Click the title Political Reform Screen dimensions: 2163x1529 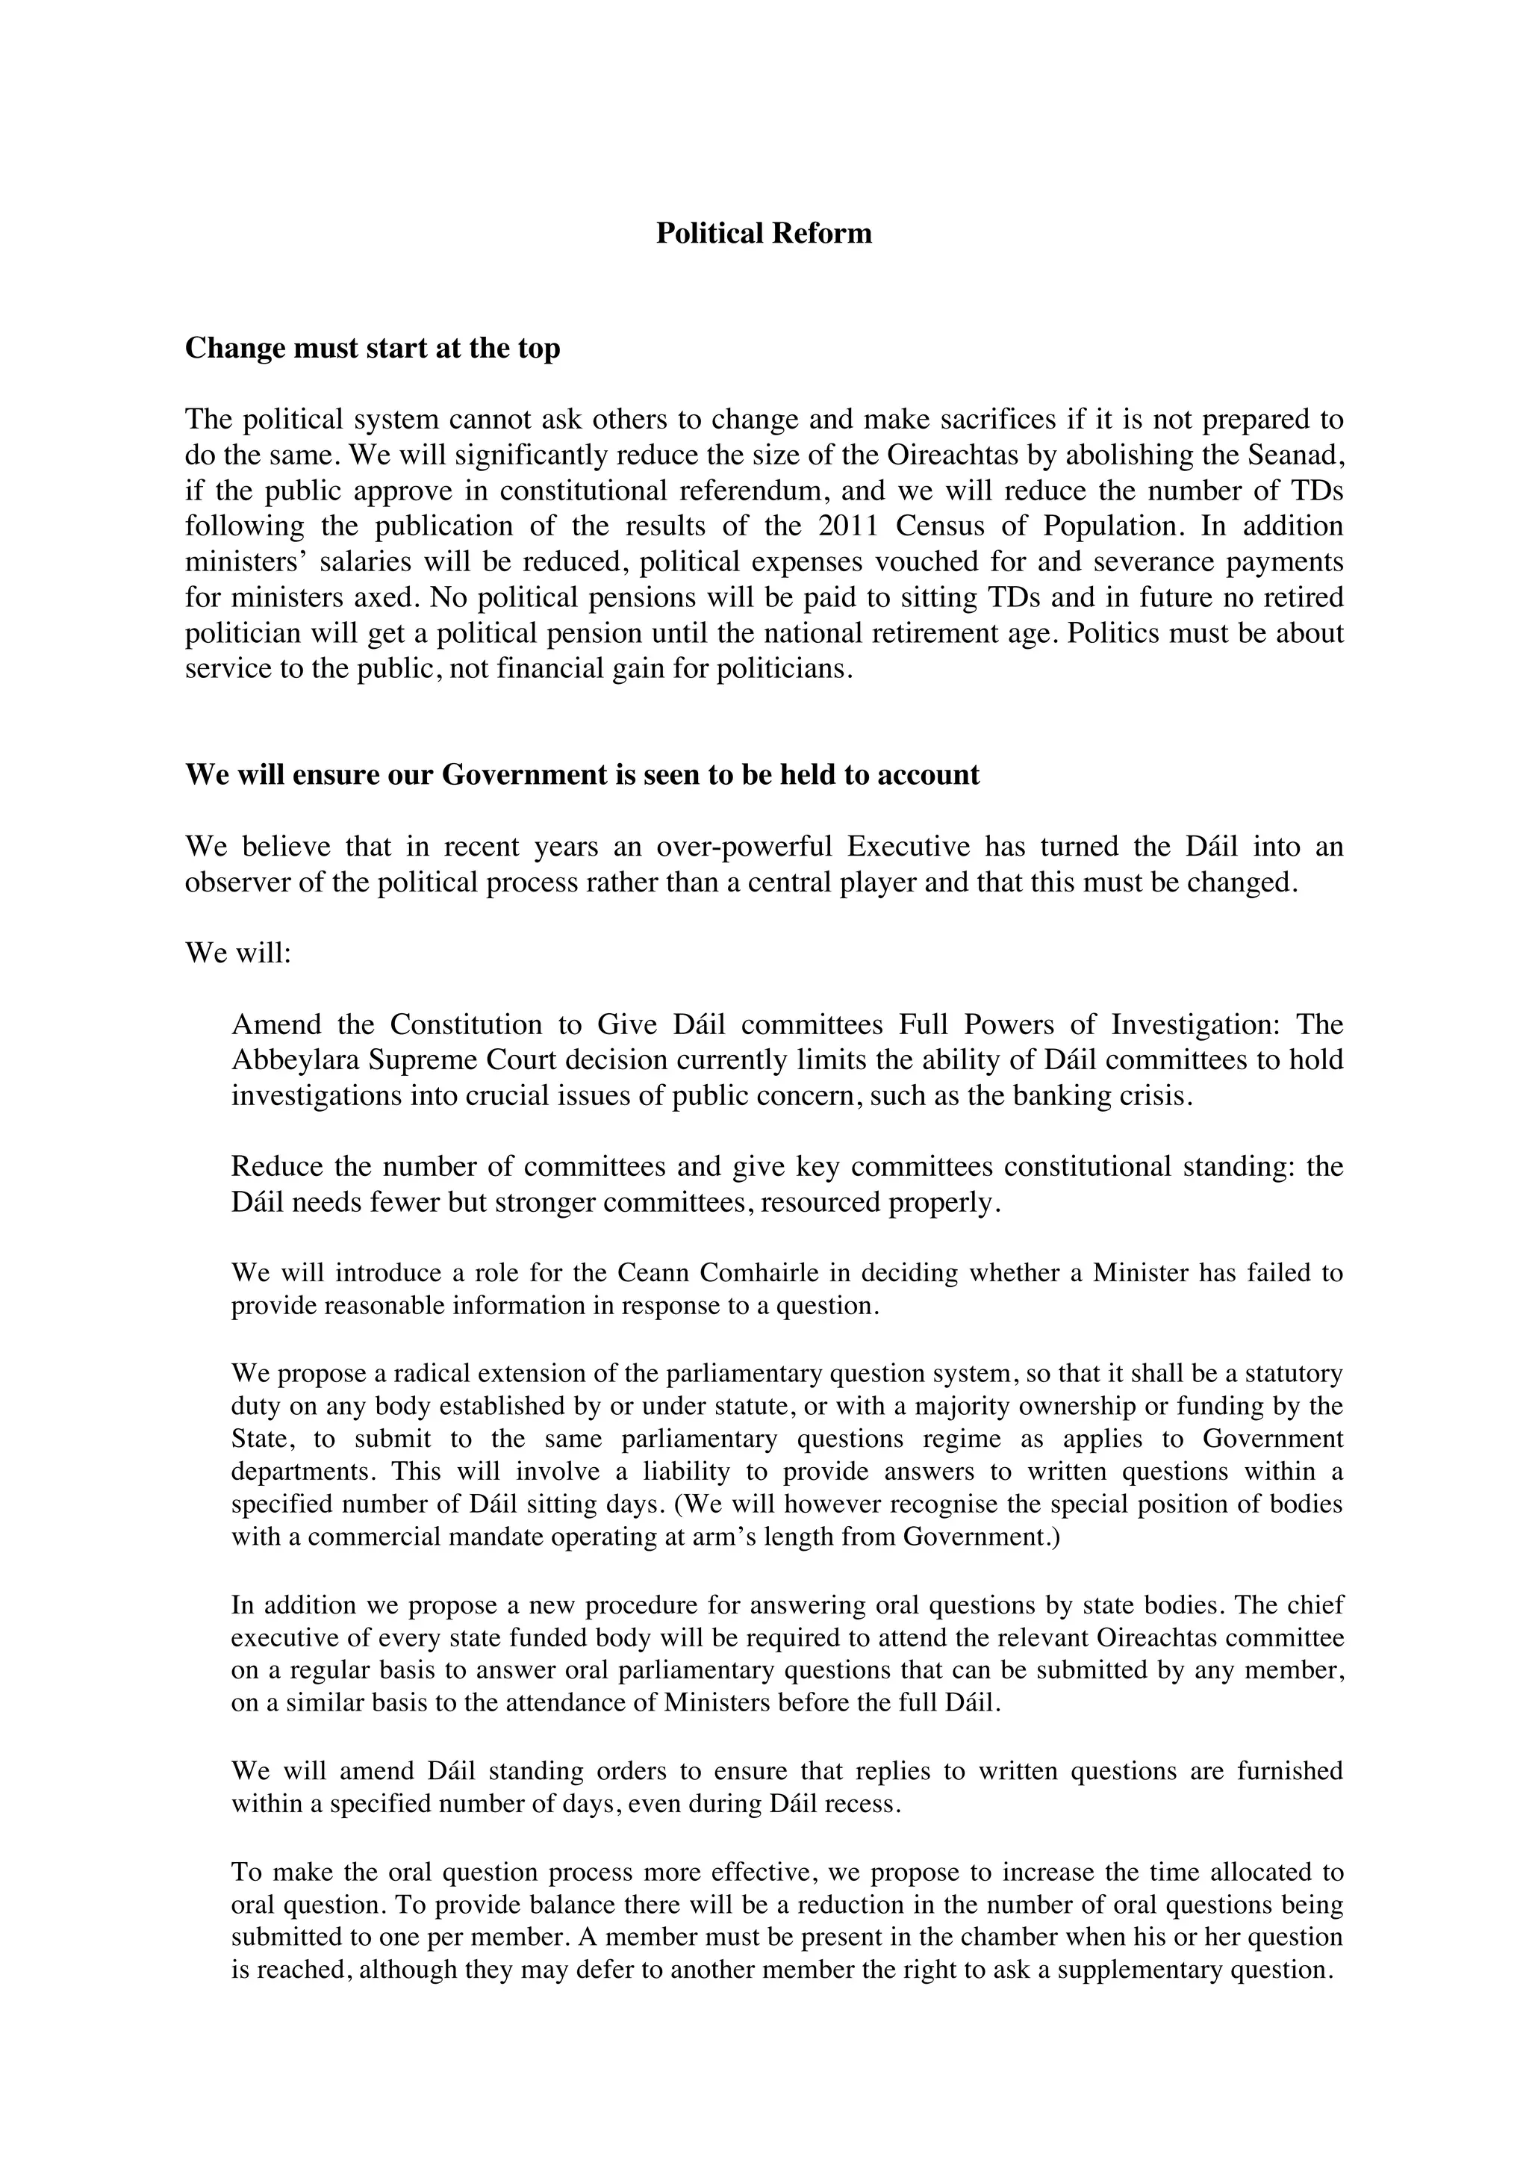click(763, 233)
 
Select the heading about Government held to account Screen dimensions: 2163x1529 click(582, 774)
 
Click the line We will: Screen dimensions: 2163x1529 click(238, 953)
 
